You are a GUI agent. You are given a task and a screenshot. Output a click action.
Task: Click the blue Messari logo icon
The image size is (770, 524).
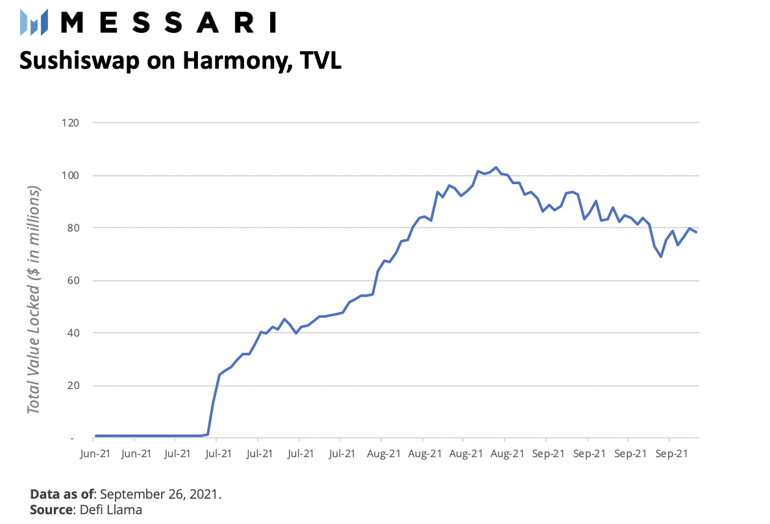(x=34, y=23)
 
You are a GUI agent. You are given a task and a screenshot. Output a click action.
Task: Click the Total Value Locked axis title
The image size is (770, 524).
(x=34, y=300)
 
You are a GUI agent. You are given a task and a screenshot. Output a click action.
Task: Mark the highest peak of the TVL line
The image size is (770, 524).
(x=496, y=167)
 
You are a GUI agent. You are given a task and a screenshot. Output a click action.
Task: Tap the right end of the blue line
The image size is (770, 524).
(x=696, y=232)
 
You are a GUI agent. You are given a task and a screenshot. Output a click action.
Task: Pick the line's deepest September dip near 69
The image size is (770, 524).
(x=661, y=257)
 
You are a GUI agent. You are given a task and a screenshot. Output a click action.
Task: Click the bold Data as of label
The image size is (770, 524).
(x=62, y=494)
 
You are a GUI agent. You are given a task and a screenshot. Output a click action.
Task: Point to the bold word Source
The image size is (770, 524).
(x=51, y=510)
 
